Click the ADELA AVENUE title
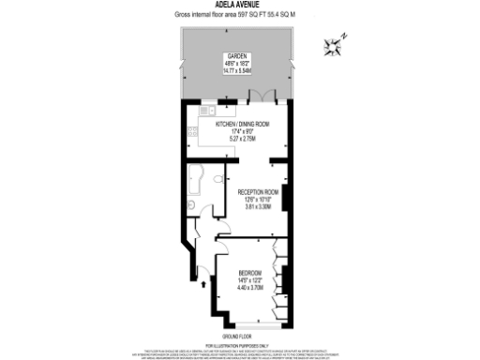coord(239,5)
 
